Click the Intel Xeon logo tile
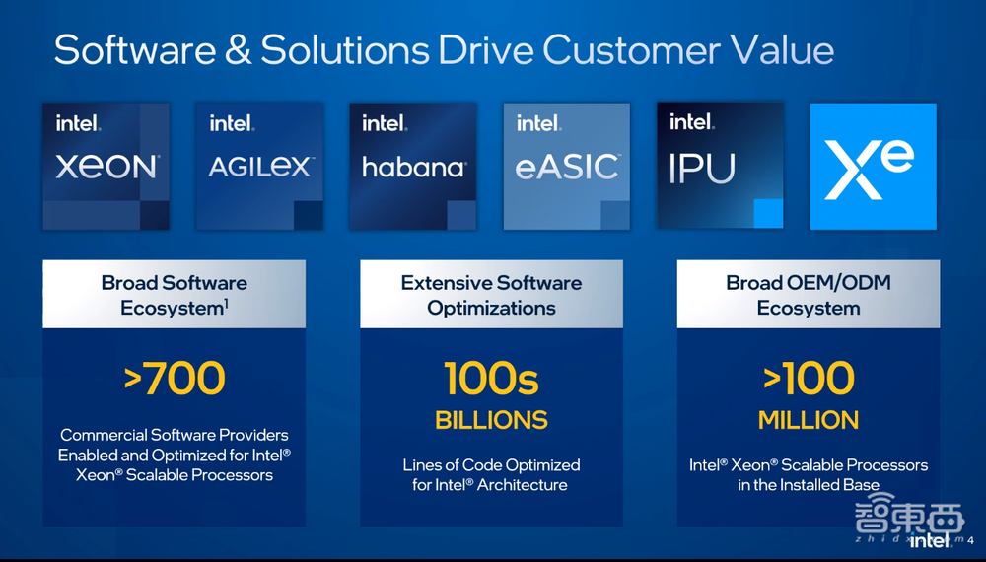[x=106, y=167]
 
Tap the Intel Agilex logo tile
[x=259, y=167]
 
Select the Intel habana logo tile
[x=413, y=167]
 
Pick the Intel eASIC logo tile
[x=567, y=167]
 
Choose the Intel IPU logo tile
[x=720, y=166]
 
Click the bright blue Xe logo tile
[x=874, y=167]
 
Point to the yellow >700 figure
[x=175, y=379]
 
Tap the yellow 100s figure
[x=491, y=379]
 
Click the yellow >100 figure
[x=809, y=379]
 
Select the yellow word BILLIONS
[x=491, y=420]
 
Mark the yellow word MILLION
[x=809, y=420]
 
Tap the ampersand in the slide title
[x=238, y=50]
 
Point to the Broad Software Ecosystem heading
[x=175, y=295]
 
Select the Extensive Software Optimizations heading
[x=491, y=295]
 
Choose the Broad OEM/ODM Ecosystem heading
[x=809, y=295]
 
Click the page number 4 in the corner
[x=970, y=540]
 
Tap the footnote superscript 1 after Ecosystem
[x=227, y=304]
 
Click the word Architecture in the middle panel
[x=522, y=485]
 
